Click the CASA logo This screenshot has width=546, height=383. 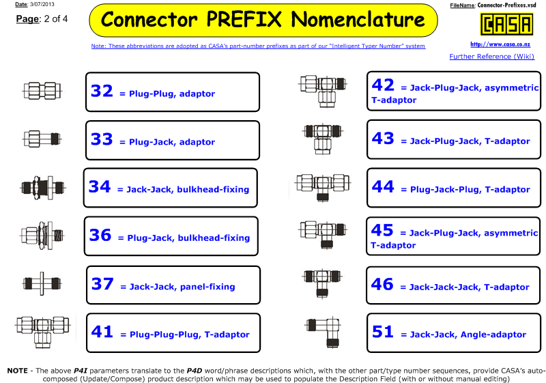[506, 24]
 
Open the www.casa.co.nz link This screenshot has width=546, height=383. [500, 44]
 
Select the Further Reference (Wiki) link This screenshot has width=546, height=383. [491, 57]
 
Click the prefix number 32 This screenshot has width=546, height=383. [102, 91]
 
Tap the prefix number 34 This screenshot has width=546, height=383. [100, 186]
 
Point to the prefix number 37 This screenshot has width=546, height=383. [102, 284]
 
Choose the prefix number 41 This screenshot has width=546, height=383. [102, 332]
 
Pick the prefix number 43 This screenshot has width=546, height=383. [383, 138]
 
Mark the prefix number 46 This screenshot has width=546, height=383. [382, 284]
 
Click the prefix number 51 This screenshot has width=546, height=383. [383, 332]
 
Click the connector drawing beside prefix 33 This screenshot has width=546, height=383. [42, 139]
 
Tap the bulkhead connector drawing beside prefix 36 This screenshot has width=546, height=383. [42, 236]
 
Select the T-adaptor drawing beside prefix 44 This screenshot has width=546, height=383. [323, 186]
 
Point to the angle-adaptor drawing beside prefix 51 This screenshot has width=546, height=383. [324, 332]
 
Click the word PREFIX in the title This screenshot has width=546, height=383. [244, 19]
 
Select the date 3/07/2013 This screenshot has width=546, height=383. [42, 5]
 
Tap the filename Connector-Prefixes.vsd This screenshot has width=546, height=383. [506, 5]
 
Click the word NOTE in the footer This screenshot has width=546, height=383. [18, 371]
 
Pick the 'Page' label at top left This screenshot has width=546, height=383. [27, 19]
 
